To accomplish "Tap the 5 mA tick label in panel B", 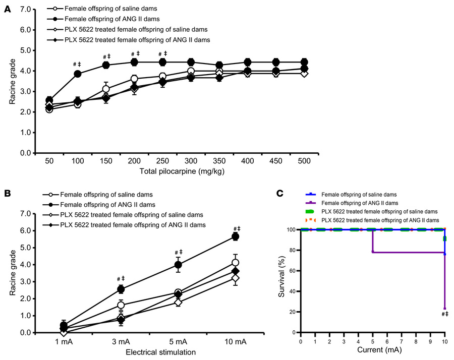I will pyautogui.click(x=178, y=341).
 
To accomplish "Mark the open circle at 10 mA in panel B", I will pyautogui.click(x=235, y=263).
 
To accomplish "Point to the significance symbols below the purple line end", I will pyautogui.click(x=444, y=315).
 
